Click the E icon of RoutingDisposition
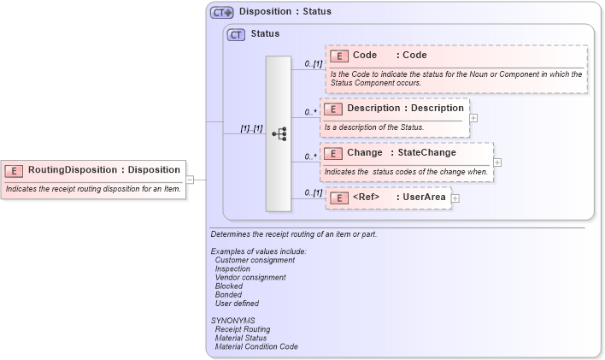click(x=15, y=169)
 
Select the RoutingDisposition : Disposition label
click(x=103, y=169)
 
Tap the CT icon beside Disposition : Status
click(x=221, y=12)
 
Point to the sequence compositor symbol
click(x=279, y=134)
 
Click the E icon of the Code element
click(x=339, y=56)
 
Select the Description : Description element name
click(x=405, y=109)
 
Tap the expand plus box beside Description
click(x=473, y=118)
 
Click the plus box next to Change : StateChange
click(x=497, y=162)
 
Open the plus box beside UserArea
click(x=455, y=198)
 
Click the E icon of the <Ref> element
click(x=339, y=198)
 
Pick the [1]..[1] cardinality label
click(x=251, y=128)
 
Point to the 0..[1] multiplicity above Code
click(x=313, y=64)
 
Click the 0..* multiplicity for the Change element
click(x=311, y=156)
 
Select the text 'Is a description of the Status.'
click(x=373, y=127)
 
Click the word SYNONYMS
click(x=232, y=320)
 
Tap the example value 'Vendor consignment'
click(x=250, y=277)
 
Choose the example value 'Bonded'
click(x=228, y=294)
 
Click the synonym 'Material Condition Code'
click(x=256, y=346)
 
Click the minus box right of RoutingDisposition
click(x=191, y=180)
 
